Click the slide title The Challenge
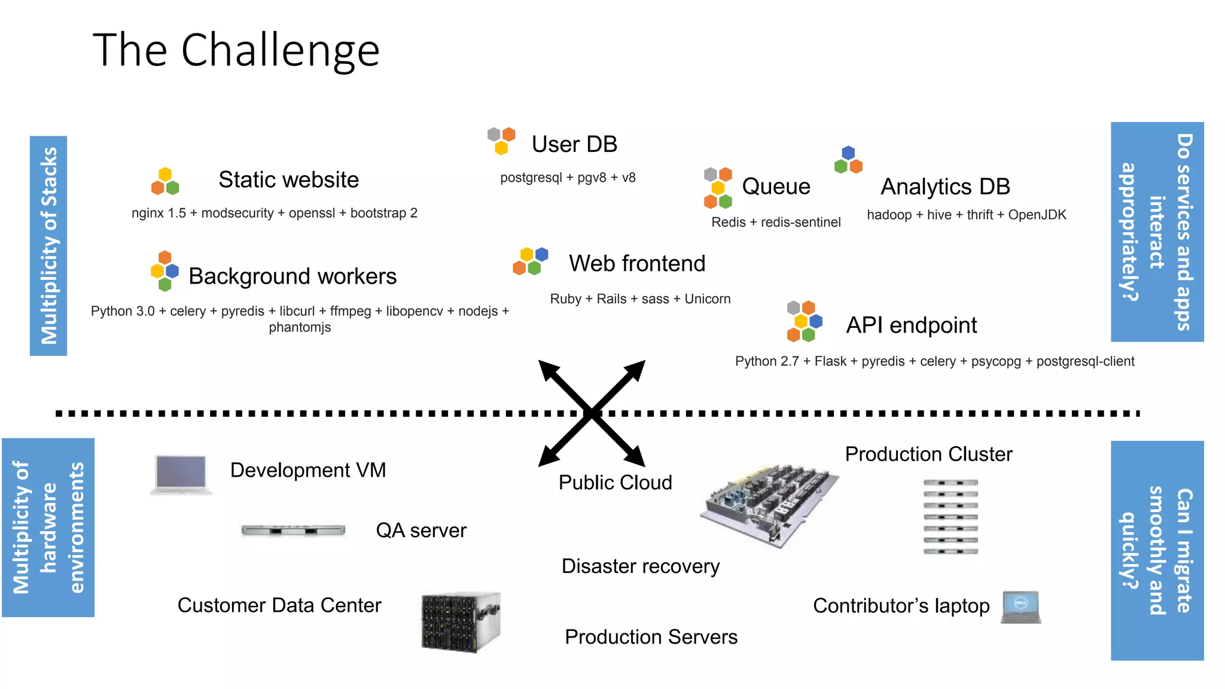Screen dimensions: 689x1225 tap(236, 50)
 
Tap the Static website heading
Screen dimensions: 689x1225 tap(288, 179)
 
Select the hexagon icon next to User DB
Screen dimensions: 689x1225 tap(501, 141)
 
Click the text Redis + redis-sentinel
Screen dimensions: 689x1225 tap(776, 222)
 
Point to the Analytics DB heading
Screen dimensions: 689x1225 tap(945, 187)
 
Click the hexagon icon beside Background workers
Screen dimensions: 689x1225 tap(164, 271)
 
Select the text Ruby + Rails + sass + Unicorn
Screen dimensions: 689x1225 tap(640, 298)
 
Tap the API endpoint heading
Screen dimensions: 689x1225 tap(911, 325)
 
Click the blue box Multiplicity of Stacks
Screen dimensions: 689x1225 tap(48, 246)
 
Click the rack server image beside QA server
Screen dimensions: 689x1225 tap(293, 530)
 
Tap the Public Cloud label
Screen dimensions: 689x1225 tap(615, 483)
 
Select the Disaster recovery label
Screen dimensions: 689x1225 tap(640, 566)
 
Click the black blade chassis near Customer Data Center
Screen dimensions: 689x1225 tap(460, 622)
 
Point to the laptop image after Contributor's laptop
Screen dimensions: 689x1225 tap(1021, 606)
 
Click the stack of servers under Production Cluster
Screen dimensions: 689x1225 tap(950, 517)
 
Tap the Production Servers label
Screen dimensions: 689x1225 tap(651, 637)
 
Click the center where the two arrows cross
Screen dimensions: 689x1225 tap(592, 413)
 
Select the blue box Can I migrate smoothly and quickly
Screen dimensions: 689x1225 tap(1157, 550)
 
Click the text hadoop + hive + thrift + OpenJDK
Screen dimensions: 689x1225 tap(966, 215)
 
